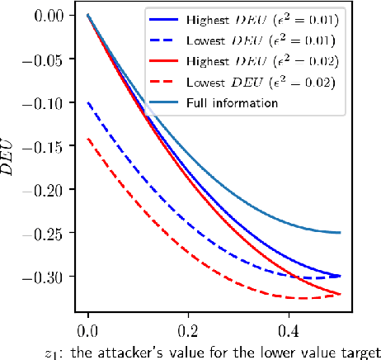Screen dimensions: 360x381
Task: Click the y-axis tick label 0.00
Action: coord(54,16)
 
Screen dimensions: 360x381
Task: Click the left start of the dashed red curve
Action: coord(88,139)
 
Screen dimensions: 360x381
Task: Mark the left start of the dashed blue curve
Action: coord(88,102)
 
